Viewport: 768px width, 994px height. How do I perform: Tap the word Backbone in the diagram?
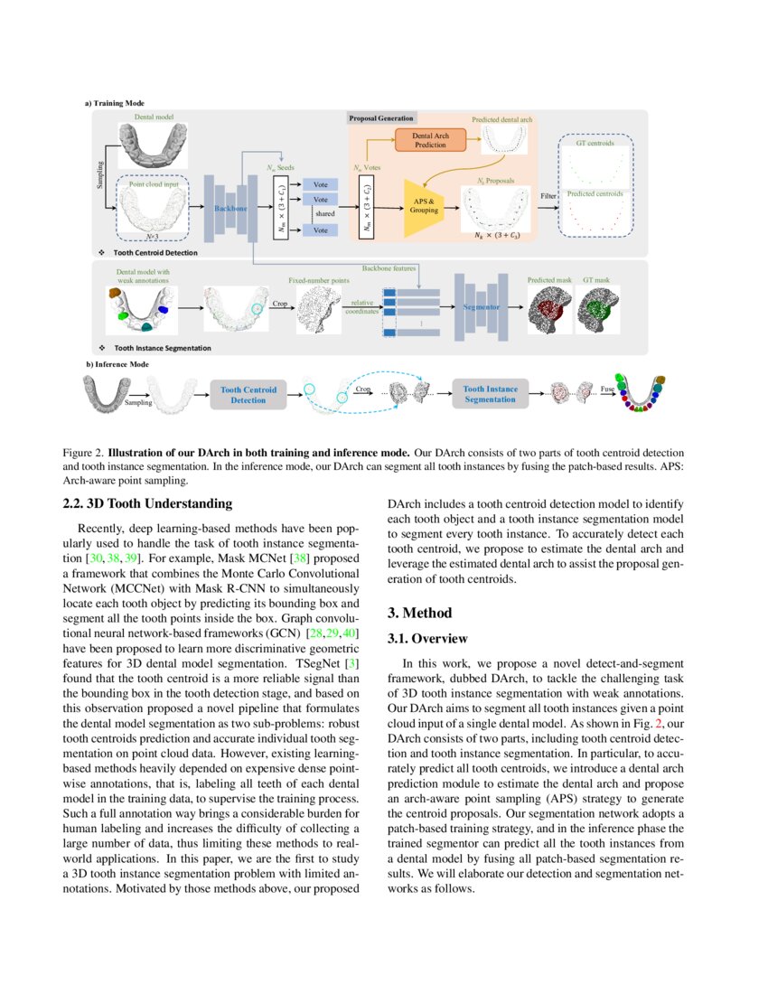230,209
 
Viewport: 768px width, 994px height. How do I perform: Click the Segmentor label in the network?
481,307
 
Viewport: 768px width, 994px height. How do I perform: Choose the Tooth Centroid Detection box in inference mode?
248,394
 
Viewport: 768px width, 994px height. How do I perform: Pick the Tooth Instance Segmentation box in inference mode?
491,394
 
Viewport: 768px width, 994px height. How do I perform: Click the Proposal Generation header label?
381,118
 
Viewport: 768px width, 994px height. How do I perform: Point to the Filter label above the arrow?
548,195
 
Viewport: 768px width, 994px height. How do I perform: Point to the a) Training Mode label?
115,104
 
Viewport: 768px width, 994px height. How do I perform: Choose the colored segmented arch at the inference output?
642,393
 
